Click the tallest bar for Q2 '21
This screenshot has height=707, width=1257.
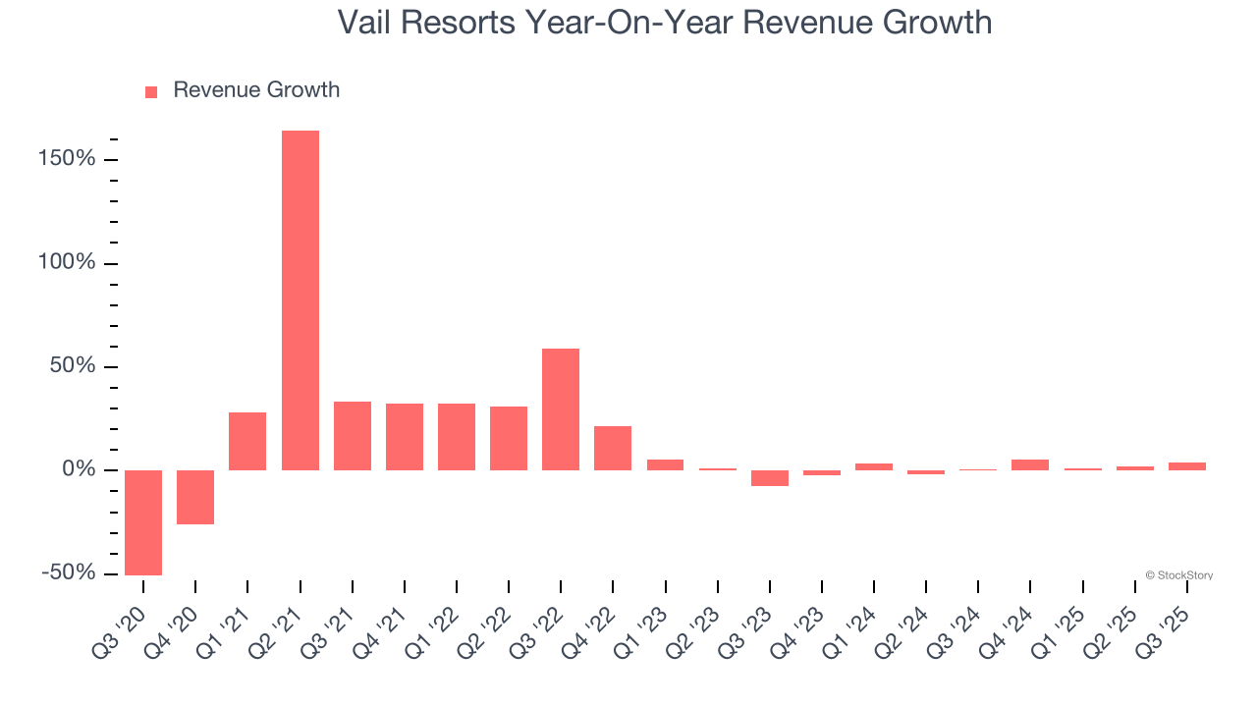click(x=300, y=299)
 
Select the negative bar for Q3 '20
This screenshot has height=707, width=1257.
click(x=143, y=522)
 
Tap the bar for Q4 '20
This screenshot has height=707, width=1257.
click(x=195, y=497)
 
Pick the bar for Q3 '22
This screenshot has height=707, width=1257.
click(x=561, y=409)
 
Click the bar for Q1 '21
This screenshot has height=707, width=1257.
click(x=247, y=441)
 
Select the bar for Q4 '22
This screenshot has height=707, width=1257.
click(x=613, y=448)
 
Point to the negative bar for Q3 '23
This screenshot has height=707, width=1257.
click(x=770, y=478)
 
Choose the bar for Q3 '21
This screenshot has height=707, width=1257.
click(x=353, y=436)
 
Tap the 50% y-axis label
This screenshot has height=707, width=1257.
click(x=75, y=366)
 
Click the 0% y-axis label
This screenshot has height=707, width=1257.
click(x=81, y=469)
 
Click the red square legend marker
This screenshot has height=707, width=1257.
click(x=151, y=92)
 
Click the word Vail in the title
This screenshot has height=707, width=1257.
click(x=363, y=22)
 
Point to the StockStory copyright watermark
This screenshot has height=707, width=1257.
click(x=1178, y=575)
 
